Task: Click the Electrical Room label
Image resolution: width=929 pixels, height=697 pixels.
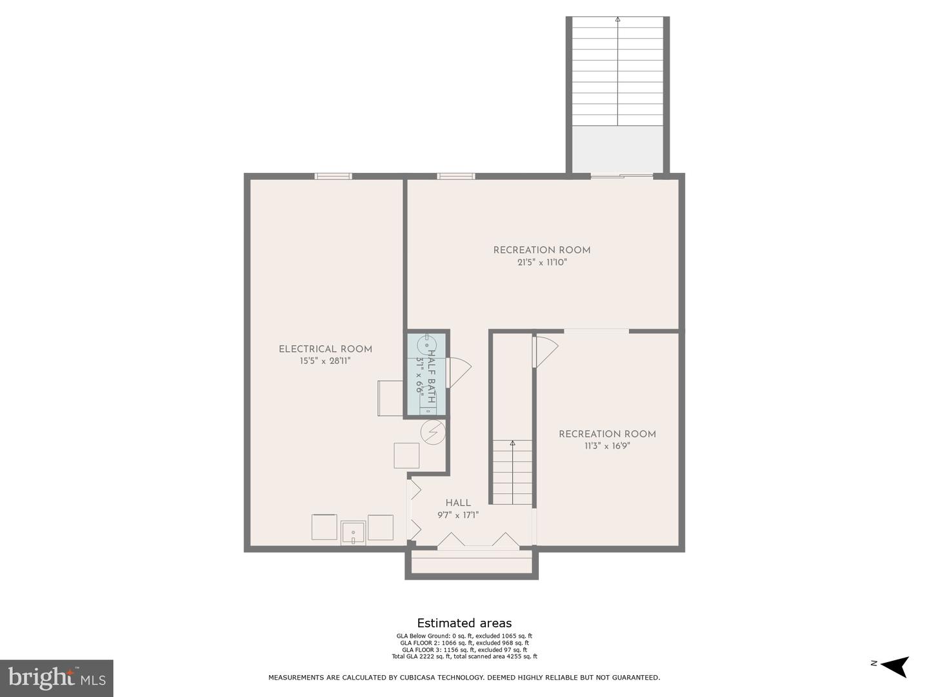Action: click(325, 349)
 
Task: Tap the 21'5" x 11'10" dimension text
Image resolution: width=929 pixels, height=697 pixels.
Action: click(542, 263)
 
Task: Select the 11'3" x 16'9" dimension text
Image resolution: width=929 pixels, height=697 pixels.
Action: click(607, 446)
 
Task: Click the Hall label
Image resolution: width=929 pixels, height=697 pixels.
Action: click(458, 503)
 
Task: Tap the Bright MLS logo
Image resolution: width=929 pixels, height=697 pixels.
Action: click(57, 678)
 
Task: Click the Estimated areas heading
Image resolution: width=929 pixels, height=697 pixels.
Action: click(464, 623)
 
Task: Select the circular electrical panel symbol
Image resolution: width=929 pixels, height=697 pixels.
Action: click(433, 432)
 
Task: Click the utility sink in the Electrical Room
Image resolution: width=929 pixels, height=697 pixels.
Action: click(353, 533)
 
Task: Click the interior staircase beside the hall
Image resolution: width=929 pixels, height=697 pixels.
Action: click(513, 471)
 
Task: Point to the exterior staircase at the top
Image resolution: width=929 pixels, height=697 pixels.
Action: click(618, 71)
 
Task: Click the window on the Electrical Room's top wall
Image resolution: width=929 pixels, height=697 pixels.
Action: click(333, 176)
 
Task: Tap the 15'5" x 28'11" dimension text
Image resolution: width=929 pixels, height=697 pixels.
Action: click(325, 361)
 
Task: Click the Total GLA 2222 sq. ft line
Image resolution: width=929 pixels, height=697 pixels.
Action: click(464, 656)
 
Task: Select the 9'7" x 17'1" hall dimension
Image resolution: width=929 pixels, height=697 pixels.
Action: click(458, 515)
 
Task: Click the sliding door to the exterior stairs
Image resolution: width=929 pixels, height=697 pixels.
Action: click(622, 176)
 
